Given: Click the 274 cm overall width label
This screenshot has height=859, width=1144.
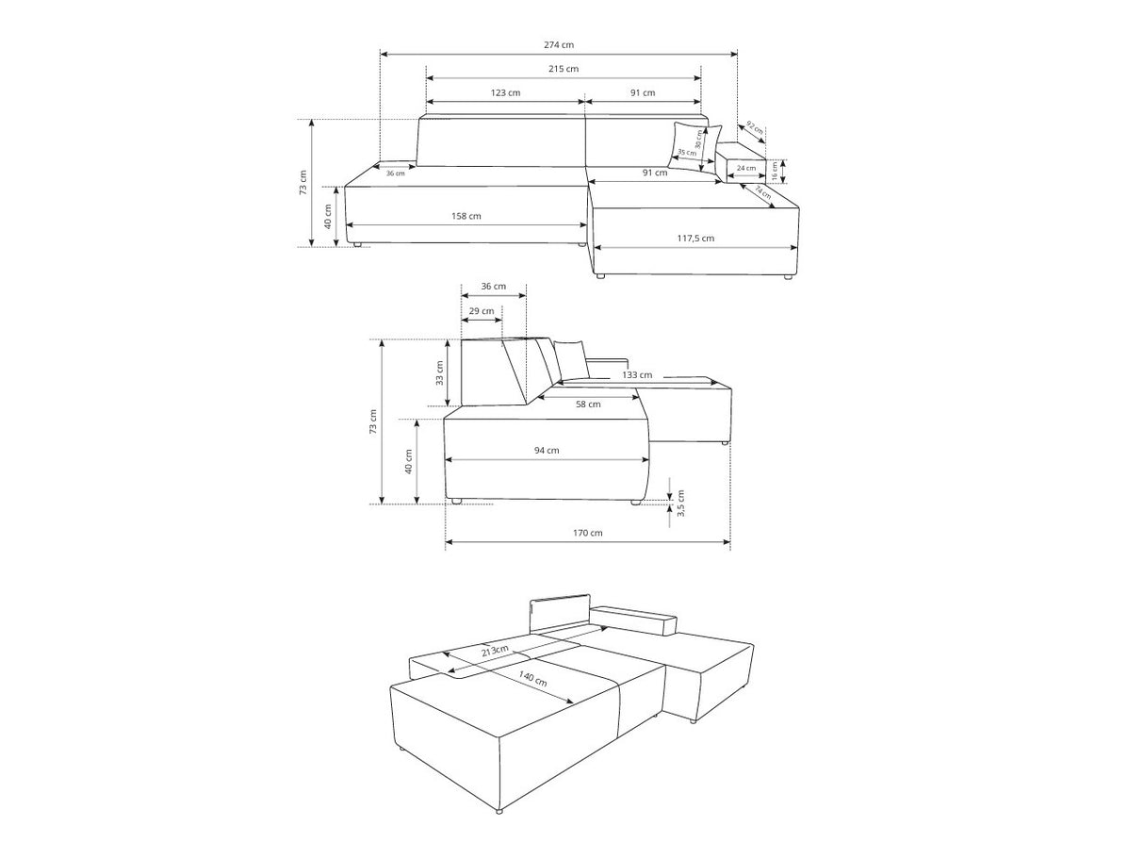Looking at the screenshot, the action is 559,45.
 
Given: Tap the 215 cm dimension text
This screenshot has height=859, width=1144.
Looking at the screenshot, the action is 564,68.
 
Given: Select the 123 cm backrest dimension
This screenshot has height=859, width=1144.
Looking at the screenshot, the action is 505,92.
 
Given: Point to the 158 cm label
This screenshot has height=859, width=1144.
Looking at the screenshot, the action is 466,216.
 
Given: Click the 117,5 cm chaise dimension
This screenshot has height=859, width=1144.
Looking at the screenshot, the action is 695,239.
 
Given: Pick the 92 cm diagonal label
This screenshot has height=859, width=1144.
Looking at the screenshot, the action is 755,128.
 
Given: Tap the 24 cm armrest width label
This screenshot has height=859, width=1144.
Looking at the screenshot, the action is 746,168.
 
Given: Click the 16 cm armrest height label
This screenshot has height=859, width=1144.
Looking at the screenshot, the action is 775,171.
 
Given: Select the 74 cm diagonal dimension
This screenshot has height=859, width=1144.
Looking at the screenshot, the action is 763,192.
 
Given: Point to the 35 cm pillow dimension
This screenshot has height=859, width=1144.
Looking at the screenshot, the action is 687,153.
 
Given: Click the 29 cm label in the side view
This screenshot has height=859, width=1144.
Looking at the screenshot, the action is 482,311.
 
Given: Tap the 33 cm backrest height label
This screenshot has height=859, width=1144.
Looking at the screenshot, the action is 439,372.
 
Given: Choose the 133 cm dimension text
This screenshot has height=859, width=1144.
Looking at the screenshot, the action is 637,375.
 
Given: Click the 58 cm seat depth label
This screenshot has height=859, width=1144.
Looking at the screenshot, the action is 588,405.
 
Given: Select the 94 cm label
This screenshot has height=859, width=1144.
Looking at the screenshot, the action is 547,450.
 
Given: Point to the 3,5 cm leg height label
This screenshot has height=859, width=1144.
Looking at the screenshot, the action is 680,504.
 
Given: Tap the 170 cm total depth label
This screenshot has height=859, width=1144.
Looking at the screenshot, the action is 587,533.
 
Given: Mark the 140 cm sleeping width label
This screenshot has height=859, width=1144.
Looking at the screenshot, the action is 532,678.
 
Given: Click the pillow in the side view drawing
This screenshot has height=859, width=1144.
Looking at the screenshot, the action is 571,359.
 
